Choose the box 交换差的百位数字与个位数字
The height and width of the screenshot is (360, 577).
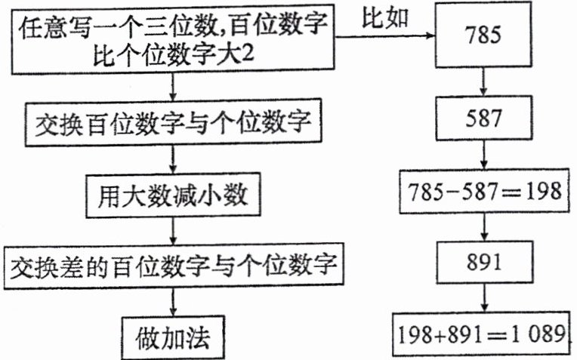[174, 266]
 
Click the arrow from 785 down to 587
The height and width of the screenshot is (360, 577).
[485, 84]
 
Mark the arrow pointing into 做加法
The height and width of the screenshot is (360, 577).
[174, 301]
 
